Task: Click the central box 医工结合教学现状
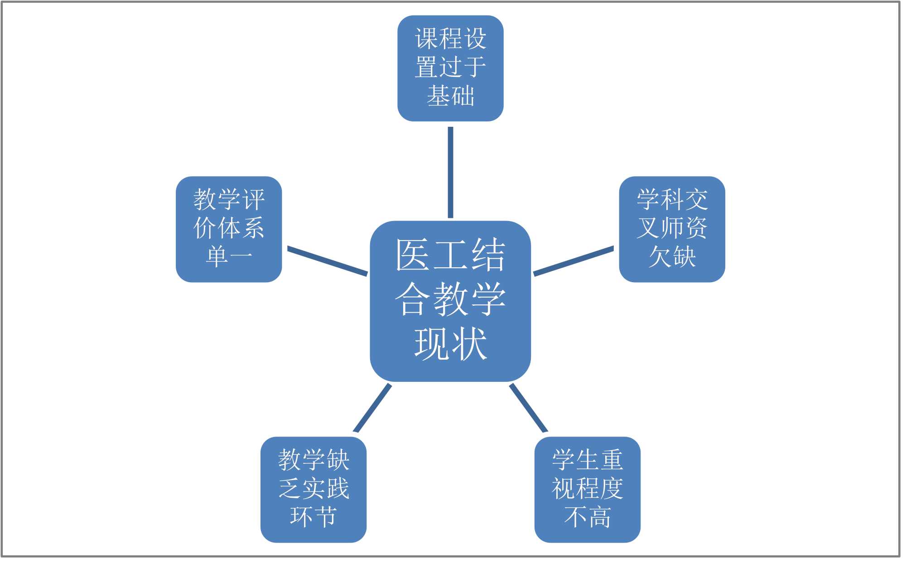(450, 301)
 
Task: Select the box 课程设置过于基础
(450, 68)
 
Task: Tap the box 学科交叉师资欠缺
(672, 229)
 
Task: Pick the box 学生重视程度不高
(587, 489)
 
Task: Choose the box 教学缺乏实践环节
(313, 489)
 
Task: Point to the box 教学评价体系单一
(229, 229)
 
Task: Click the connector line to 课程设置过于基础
(450, 172)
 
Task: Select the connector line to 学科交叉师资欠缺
(573, 261)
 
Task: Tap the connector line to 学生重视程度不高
(528, 408)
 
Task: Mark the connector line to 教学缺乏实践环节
(372, 408)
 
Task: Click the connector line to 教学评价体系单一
(327, 261)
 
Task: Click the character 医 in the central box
(412, 255)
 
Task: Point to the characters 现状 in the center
(450, 344)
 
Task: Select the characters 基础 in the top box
(450, 96)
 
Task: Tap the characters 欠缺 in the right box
(672, 257)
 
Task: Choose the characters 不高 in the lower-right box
(587, 517)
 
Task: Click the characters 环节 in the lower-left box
(313, 517)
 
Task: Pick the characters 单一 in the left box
(229, 257)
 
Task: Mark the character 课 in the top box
(426, 38)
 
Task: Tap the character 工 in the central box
(450, 255)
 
